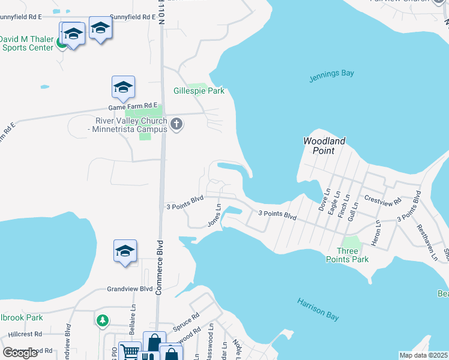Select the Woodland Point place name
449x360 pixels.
[324, 146]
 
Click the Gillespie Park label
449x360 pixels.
[199, 91]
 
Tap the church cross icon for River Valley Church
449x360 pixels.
[176, 125]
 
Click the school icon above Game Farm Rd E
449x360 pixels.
[123, 88]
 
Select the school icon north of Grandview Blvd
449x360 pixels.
[125, 251]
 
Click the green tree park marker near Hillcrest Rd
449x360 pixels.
[103, 320]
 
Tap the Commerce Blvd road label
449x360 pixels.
[160, 268]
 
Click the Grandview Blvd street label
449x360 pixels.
[130, 289]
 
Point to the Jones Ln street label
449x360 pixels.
[214, 215]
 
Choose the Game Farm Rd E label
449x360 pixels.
[132, 106]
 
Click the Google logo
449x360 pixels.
[20, 353]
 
